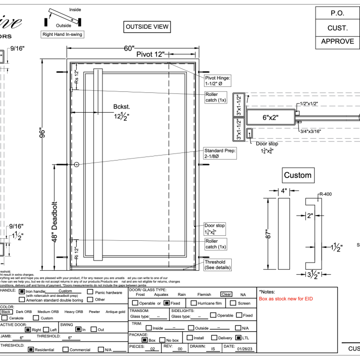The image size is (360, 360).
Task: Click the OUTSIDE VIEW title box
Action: click(x=147, y=27)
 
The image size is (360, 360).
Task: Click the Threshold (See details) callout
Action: click(x=218, y=265)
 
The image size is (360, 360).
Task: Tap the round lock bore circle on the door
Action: click(x=77, y=165)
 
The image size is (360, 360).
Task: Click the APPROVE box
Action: click(x=338, y=41)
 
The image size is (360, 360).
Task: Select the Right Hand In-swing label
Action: click(x=63, y=34)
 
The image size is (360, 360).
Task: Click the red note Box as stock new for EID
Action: click(x=286, y=299)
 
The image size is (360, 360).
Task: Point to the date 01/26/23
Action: click(x=247, y=348)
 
